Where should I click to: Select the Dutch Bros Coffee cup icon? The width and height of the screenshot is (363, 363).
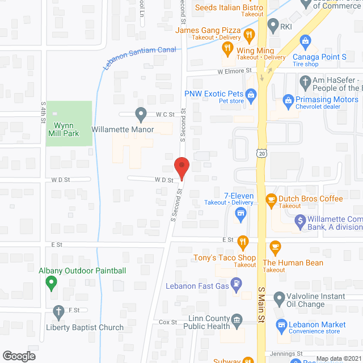[271, 199]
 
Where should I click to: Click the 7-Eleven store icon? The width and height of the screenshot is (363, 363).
[240, 213]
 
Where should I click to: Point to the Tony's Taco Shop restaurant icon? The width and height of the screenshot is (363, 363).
[243, 242]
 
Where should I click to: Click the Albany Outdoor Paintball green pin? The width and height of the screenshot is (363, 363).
[52, 281]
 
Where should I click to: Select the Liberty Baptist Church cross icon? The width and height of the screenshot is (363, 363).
[58, 311]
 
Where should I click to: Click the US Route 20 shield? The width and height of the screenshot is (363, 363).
[261, 153]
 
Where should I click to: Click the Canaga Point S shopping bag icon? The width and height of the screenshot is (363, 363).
[305, 41]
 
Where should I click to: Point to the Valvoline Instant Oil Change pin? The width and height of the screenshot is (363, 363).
[278, 297]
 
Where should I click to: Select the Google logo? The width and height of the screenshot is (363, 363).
[18, 356]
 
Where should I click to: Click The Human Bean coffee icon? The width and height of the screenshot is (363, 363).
[276, 246]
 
